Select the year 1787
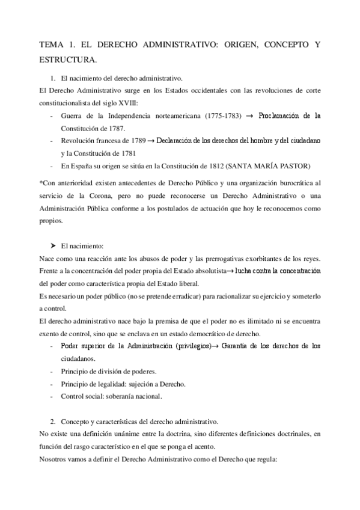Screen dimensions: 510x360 114,127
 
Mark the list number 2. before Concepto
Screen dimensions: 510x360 53,422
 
